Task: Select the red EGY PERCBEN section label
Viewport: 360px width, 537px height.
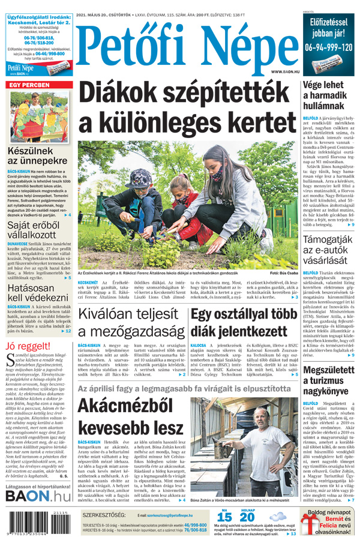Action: pyautogui.click(x=28, y=85)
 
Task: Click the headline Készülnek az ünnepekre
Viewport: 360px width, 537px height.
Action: pyautogui.click(x=37, y=156)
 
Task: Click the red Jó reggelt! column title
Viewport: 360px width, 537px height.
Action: pyautogui.click(x=28, y=346)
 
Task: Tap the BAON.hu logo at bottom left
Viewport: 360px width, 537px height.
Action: pyautogui.click(x=38, y=495)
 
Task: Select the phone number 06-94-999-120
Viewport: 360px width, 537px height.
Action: pyautogui.click(x=328, y=47)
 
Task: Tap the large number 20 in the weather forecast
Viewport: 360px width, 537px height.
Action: pyautogui.click(x=248, y=517)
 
